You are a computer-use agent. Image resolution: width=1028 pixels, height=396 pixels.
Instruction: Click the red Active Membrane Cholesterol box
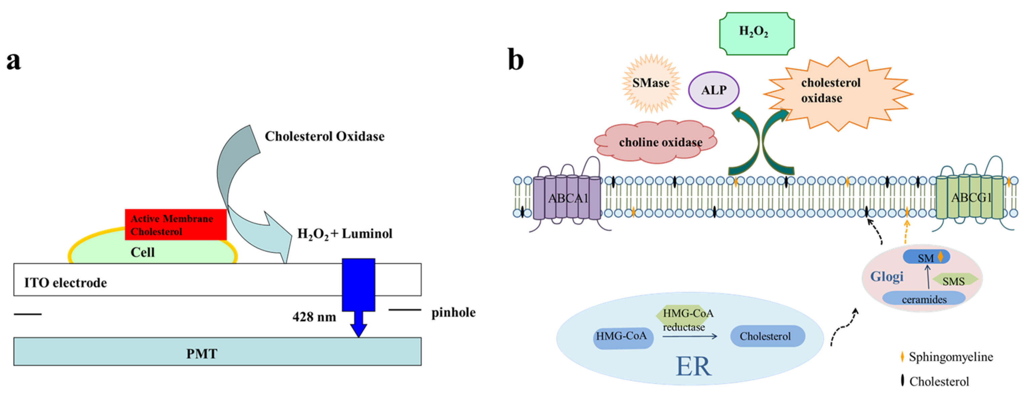click(x=176, y=224)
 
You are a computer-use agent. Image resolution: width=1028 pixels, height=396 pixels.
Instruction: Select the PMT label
click(x=201, y=354)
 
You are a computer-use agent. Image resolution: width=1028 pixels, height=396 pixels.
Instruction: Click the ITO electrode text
click(x=66, y=283)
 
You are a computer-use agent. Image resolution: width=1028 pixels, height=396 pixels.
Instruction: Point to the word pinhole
click(x=453, y=312)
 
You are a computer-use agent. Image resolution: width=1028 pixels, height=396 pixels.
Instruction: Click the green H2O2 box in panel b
click(x=756, y=33)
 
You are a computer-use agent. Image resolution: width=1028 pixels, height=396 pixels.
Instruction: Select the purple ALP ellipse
click(x=714, y=90)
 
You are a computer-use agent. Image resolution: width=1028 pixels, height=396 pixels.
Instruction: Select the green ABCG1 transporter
click(x=970, y=198)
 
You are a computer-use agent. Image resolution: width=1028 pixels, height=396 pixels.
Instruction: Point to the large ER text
click(x=693, y=366)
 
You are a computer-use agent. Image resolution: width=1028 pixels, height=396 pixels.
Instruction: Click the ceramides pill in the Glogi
click(x=924, y=299)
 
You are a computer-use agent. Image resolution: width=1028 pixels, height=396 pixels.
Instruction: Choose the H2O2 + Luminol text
click(x=345, y=234)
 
